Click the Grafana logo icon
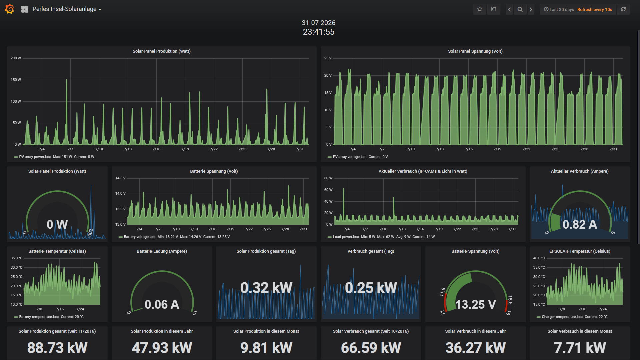click(x=10, y=9)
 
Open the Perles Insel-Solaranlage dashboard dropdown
click(x=67, y=9)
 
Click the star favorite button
click(x=480, y=9)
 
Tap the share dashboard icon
click(x=494, y=9)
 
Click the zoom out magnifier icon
click(x=520, y=9)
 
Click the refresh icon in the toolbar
click(x=623, y=9)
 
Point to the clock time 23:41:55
click(x=319, y=32)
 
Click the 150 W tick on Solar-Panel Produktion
click(x=16, y=80)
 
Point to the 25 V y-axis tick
click(x=328, y=58)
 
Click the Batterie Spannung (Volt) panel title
click(x=214, y=171)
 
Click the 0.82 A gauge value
click(x=580, y=225)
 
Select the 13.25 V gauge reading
click(x=476, y=305)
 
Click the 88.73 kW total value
click(x=57, y=348)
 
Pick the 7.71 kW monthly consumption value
click(x=580, y=348)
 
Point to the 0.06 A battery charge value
click(x=162, y=305)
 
